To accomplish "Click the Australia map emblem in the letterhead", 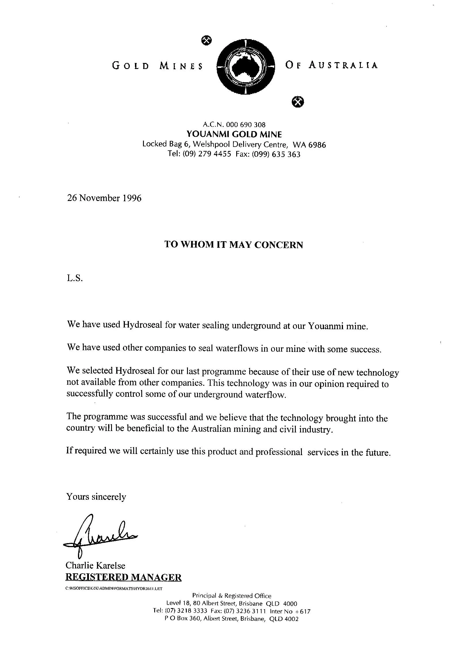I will coord(245,67).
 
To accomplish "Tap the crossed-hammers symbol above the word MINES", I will coord(206,41).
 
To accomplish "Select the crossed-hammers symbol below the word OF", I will coord(298,101).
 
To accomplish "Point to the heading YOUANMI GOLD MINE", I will coord(234,134).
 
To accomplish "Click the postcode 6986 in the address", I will coord(317,145).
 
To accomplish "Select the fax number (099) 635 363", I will coord(276,154).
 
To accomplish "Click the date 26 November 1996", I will coord(104,198).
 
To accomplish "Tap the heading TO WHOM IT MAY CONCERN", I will coord(234,245).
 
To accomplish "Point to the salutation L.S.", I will coord(75,279).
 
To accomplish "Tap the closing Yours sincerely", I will coord(96,497).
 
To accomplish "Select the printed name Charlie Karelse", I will coord(95,565).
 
